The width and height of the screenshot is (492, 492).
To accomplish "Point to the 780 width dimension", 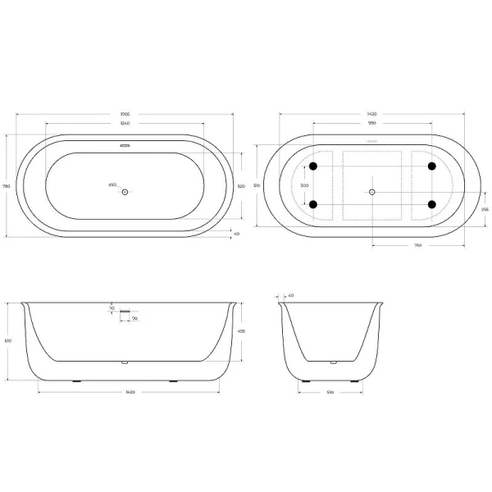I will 7,186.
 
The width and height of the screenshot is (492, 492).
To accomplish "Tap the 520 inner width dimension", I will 241,187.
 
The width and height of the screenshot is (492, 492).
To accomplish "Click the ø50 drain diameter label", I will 112,184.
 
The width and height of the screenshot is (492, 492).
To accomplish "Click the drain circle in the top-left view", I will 125,192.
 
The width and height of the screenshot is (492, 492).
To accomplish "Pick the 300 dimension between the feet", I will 305,186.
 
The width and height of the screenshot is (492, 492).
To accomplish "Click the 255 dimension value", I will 485,209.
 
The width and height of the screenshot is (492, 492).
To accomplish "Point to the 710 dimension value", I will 418,244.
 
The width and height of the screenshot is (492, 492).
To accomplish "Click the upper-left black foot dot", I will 312,167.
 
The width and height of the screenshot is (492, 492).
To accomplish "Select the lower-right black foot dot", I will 431,204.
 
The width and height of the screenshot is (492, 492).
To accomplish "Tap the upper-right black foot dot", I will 431,167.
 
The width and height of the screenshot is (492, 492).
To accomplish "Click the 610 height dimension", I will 7,340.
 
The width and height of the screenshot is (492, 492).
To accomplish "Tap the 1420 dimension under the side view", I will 130,393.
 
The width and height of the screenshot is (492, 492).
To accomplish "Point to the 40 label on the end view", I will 290,295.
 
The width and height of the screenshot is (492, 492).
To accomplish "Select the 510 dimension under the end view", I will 330,393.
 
